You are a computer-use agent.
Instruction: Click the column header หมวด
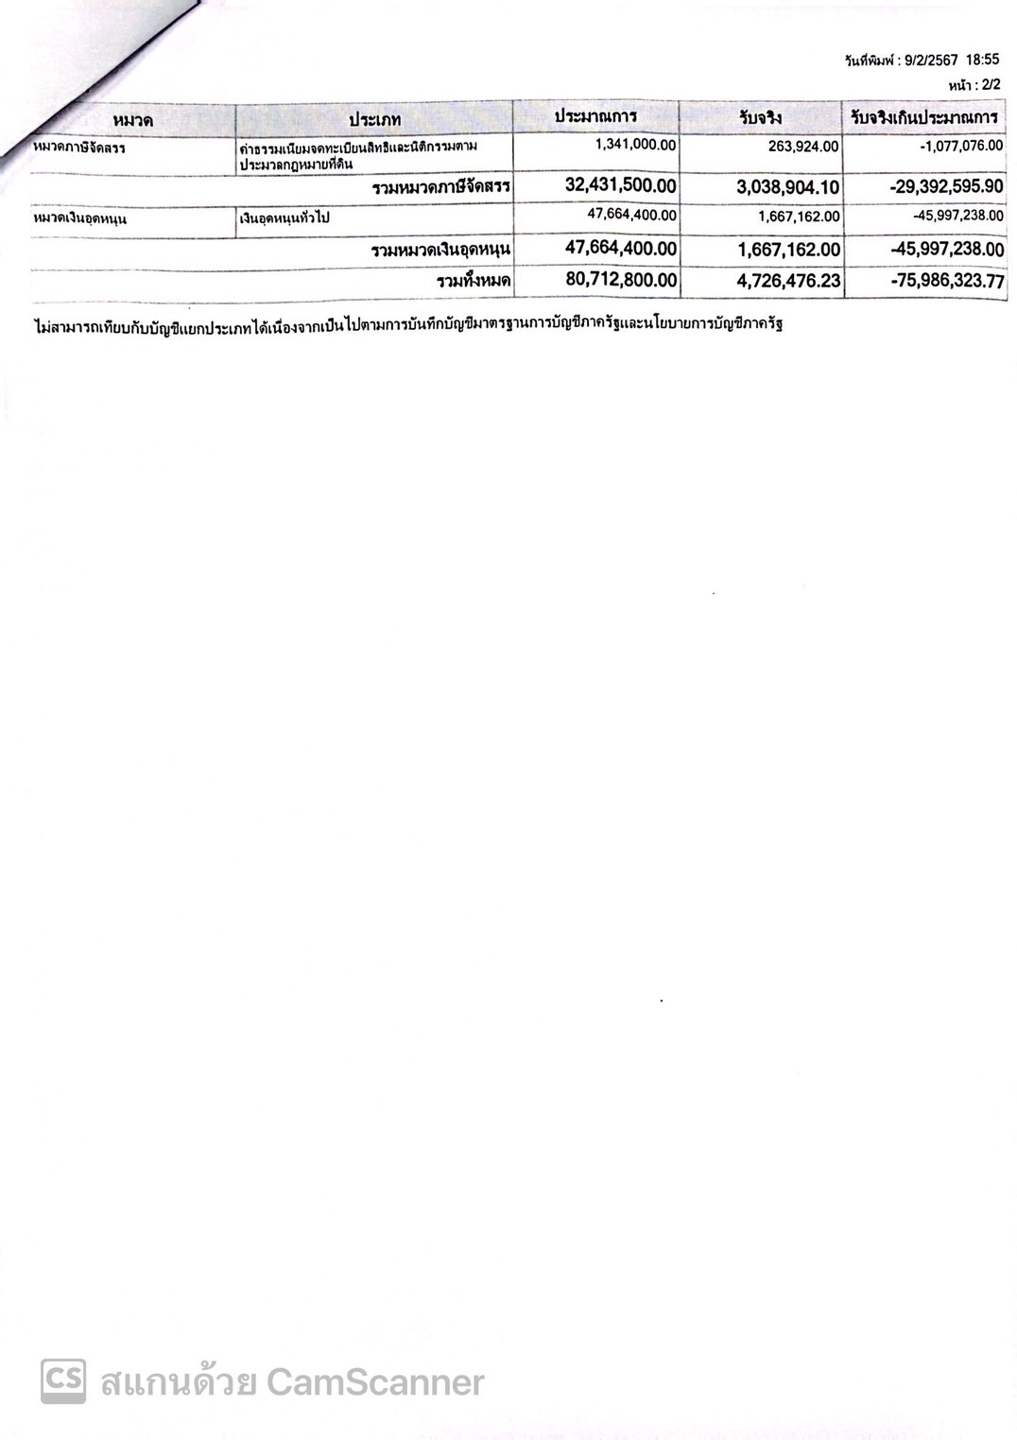pos(132,120)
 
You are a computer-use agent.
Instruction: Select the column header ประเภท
pos(374,119)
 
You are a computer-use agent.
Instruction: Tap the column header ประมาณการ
pos(595,116)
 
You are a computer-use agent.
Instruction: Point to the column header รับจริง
pos(761,118)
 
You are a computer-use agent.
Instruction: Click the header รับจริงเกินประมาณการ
pos(924,117)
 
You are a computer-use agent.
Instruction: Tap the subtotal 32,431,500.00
pos(620,185)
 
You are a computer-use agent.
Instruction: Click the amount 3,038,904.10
pos(787,187)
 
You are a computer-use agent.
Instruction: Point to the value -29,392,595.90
pos(946,186)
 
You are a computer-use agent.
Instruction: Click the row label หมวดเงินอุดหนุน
pos(80,219)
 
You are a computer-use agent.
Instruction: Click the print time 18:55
pos(982,60)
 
